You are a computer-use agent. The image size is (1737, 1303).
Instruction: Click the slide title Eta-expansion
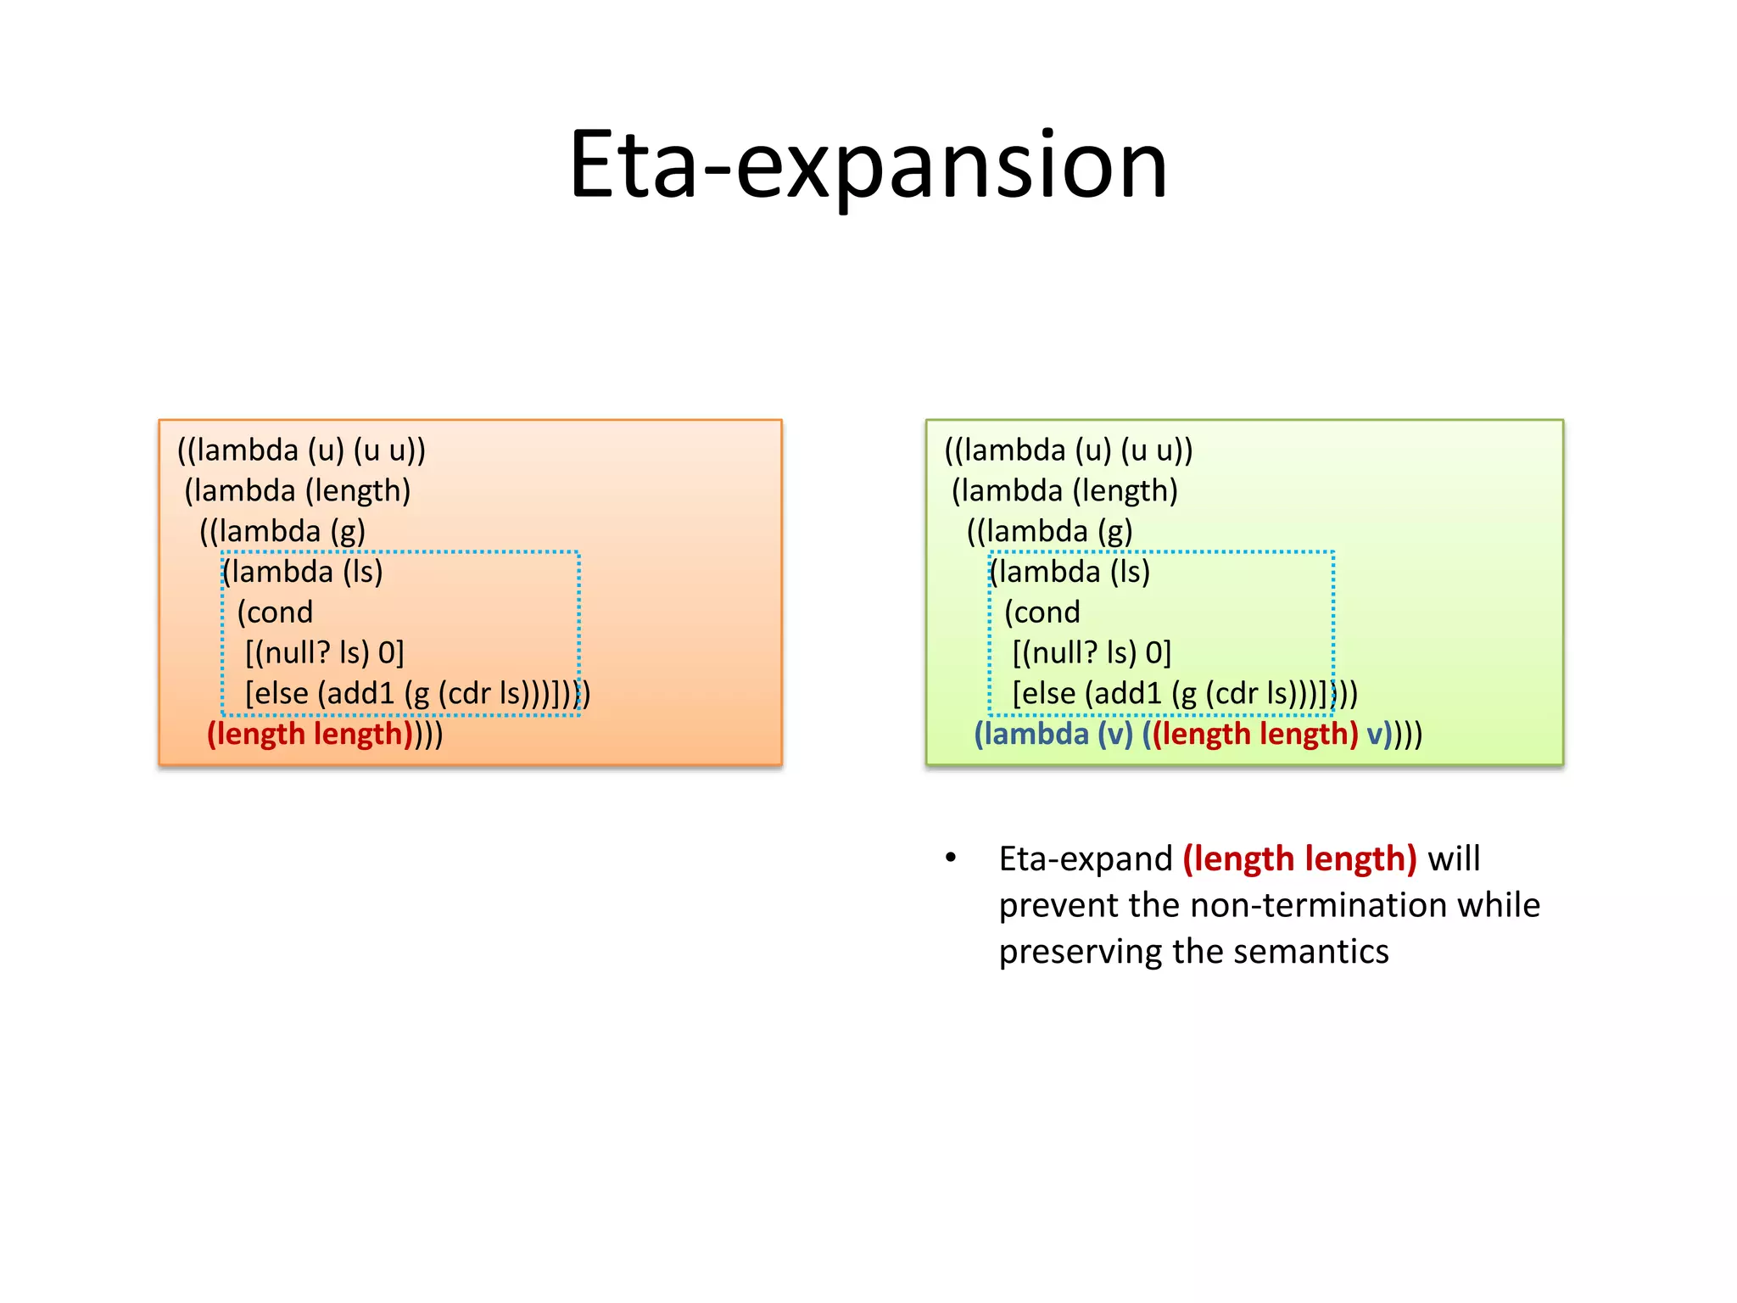(x=868, y=165)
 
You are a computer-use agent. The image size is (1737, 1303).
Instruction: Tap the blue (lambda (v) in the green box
(x=1053, y=734)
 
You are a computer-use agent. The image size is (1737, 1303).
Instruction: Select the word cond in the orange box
(x=280, y=612)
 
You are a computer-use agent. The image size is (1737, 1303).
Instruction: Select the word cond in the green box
(x=1047, y=612)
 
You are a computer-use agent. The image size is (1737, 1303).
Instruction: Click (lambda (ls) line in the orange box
(x=303, y=572)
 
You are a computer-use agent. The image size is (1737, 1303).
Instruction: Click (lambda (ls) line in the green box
(x=1070, y=572)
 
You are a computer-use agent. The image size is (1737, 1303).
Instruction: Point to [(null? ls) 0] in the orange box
(x=325, y=652)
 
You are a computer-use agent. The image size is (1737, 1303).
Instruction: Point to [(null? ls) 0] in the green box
(x=1092, y=652)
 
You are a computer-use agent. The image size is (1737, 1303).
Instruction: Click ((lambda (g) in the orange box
(x=282, y=532)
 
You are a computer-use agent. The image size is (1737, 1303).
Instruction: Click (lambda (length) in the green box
(x=1065, y=491)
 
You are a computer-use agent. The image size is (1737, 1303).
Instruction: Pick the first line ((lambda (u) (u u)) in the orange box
(x=301, y=450)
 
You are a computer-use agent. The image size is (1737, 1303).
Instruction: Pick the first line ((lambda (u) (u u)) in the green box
(x=1069, y=450)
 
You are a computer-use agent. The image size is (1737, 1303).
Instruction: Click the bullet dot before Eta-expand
(x=951, y=858)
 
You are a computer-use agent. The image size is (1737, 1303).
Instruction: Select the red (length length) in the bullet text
(x=1299, y=858)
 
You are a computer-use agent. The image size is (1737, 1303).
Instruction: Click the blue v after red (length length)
(x=1374, y=735)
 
